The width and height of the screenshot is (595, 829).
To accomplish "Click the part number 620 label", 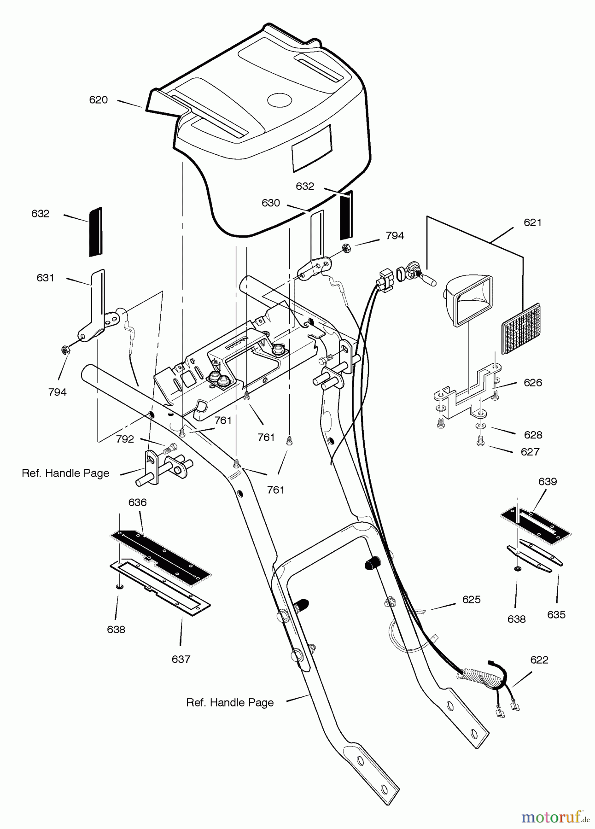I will click(x=98, y=100).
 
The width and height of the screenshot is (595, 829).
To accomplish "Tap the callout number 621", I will click(x=532, y=222).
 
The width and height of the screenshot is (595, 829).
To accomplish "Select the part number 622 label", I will click(x=539, y=660).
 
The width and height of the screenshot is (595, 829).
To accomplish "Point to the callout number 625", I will click(x=471, y=599).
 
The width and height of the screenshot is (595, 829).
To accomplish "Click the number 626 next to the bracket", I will click(x=532, y=382).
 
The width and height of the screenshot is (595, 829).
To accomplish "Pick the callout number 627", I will click(x=530, y=452).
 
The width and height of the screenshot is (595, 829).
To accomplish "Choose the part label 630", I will click(x=270, y=203).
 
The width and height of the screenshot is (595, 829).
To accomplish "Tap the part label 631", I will click(x=45, y=278).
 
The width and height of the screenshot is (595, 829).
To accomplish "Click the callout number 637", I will click(x=181, y=659).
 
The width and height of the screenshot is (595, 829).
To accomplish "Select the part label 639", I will click(x=547, y=481).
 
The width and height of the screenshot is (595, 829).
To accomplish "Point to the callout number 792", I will click(x=125, y=439).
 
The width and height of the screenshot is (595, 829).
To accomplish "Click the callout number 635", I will click(x=556, y=614).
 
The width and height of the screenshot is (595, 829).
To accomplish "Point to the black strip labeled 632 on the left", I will click(x=95, y=232).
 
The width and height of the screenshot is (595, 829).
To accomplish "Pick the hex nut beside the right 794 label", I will click(x=347, y=248).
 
